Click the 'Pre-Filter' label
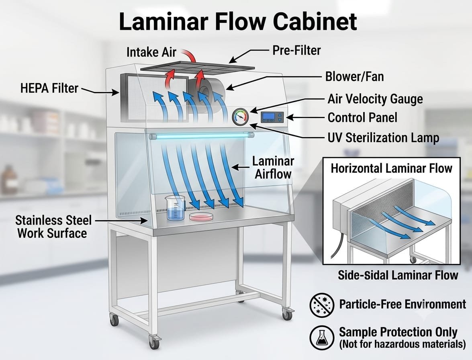coord(296,50)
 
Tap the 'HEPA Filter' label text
coord(49,88)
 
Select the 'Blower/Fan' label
coord(355,76)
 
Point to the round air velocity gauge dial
coord(241,117)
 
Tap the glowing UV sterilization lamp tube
coord(201,136)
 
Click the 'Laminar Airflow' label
coord(273,168)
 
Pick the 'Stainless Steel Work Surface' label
coord(53,227)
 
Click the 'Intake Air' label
coord(151,52)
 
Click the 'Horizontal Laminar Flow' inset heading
coord(391,168)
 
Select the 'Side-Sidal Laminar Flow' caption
coord(398,275)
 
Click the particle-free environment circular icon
coord(322,304)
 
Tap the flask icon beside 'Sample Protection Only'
coord(322,337)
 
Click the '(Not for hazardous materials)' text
coord(402,344)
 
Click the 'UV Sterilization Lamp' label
coord(383,138)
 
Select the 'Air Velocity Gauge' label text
coord(375,99)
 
